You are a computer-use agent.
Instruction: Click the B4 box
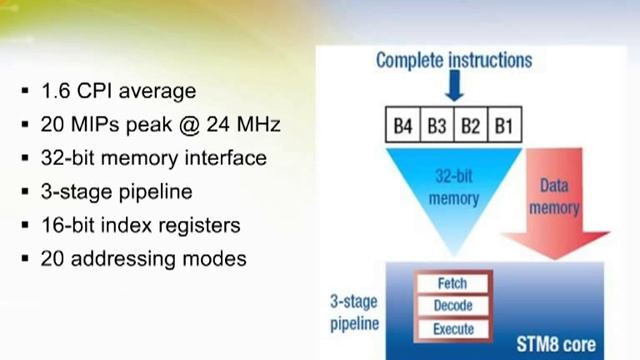pos(403,127)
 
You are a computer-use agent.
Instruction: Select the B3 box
pos(437,127)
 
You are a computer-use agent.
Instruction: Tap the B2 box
pos(470,127)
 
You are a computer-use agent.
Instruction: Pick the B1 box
pos(504,127)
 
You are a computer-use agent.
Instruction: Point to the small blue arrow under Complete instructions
pos(453,87)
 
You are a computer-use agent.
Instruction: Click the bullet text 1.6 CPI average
pos(118,91)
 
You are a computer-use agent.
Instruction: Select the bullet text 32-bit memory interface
pos(153,158)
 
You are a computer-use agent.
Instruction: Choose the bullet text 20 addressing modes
pos(143,257)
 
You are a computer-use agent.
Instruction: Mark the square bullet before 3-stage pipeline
pos(23,191)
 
